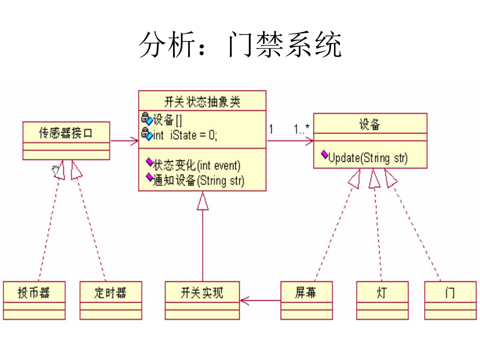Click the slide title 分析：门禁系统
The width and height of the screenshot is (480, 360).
(240, 45)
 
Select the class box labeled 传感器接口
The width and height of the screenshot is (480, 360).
(66, 133)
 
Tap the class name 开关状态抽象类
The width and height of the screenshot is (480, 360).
(202, 102)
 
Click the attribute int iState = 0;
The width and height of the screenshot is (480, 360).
(184, 134)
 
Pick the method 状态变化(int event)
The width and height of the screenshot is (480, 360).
(196, 165)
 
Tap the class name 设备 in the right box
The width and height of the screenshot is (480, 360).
(370, 124)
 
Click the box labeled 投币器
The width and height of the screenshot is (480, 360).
(34, 292)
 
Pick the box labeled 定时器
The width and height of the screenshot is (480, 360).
(110, 292)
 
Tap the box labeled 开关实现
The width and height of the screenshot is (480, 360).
(202, 292)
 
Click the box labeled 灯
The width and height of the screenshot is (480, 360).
(382, 292)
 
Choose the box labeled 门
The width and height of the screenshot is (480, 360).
(449, 292)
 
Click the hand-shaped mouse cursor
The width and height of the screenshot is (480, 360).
(55, 170)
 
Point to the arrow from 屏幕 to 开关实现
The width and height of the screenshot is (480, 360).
(260, 300)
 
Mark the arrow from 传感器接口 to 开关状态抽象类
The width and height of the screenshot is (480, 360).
(124, 141)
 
